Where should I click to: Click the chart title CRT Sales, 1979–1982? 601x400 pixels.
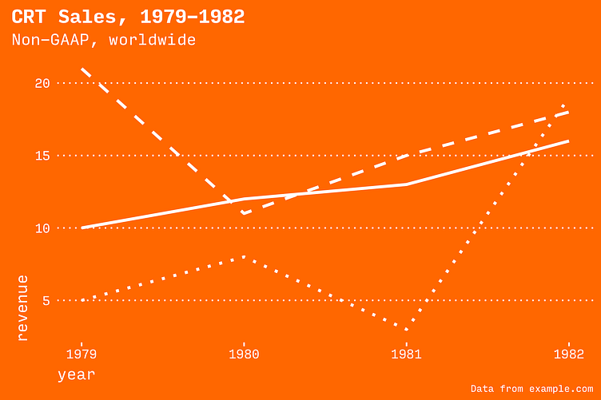point(128,17)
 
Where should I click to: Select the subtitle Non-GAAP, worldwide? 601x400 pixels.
point(103,40)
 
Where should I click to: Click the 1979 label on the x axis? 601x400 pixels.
point(82,353)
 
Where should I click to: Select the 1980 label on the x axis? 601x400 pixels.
point(244,353)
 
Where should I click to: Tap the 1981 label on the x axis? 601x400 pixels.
point(406,353)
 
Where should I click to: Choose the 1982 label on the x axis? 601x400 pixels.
point(568,353)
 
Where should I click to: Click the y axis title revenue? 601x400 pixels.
point(22,308)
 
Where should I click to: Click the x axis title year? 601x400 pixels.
point(76,374)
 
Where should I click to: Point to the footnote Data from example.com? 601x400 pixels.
point(531,389)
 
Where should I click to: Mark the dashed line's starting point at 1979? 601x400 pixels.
point(82,69)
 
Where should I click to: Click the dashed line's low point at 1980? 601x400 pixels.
point(244,213)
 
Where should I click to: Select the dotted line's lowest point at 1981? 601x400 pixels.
point(406,329)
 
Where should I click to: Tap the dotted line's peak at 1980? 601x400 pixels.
point(244,257)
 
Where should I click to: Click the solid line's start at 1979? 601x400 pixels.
point(82,228)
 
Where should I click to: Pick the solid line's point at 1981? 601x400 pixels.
point(406,184)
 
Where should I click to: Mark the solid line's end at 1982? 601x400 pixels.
point(568,141)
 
